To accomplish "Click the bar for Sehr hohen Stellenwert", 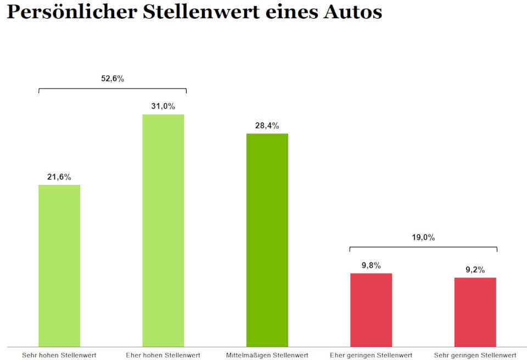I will (59, 266).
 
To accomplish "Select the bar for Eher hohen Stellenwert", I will (163, 230).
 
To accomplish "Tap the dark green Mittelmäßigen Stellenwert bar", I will (267, 240).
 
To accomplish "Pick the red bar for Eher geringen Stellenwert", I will (371, 310).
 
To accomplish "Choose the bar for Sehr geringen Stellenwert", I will (475, 312).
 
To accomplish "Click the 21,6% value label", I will (59, 177).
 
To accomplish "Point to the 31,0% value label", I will (163, 106).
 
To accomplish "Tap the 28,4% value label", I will (267, 126).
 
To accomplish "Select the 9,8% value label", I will (371, 265).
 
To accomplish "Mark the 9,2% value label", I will (475, 269).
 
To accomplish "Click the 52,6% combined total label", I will (113, 78).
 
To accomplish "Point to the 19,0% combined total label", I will (423, 238).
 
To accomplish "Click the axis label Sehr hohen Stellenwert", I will (59, 355).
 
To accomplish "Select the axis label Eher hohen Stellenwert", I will (163, 355).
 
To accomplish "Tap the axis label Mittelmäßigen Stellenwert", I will (267, 355).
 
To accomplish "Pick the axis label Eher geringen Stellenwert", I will (371, 355).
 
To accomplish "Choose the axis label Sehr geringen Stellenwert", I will (475, 355).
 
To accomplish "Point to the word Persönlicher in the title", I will (71, 12).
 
